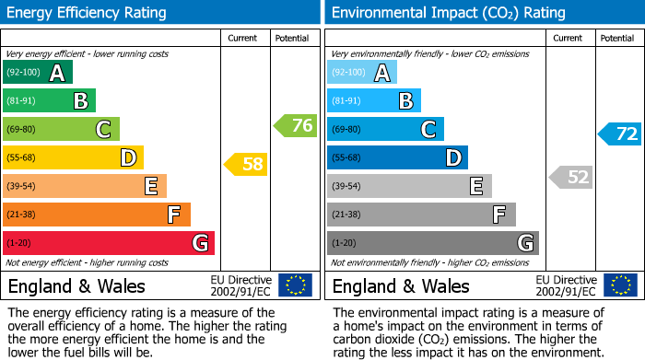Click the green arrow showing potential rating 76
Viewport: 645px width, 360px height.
[x=296, y=126]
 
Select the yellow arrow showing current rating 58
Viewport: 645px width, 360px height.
[x=247, y=165]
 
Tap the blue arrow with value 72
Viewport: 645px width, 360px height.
[x=620, y=134]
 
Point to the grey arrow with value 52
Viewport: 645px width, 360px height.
[x=571, y=177]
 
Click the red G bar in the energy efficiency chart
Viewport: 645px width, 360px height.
[x=109, y=243]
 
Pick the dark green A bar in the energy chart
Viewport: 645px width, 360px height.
[x=38, y=73]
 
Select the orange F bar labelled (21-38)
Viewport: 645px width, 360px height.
[x=97, y=215]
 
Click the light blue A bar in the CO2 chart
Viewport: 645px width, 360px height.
[x=362, y=73]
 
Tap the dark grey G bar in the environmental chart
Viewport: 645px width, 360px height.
[x=433, y=243]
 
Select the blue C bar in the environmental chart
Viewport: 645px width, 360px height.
[x=385, y=130]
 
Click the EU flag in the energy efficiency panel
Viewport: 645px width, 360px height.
[x=295, y=285]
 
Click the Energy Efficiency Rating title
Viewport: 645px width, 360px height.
[x=88, y=13]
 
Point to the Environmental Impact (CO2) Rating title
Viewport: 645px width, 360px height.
[x=448, y=13]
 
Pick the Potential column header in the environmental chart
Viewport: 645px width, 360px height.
[x=617, y=38]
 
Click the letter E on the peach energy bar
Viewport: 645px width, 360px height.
[x=150, y=187]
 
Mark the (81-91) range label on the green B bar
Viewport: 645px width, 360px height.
[x=22, y=101]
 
